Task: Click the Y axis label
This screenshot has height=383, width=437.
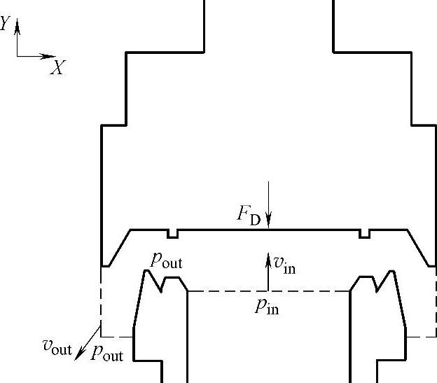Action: pos(6,25)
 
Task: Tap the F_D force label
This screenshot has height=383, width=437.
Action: pos(249,214)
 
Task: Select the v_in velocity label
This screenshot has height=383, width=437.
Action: pos(284,264)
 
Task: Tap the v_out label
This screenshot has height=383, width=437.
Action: pos(57,345)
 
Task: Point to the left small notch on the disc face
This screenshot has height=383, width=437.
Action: pos(172,233)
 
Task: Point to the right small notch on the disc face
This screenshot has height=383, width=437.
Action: pos(364,233)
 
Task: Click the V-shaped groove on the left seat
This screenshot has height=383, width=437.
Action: pos(162,284)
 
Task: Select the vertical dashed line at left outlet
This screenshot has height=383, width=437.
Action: pos(102,301)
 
